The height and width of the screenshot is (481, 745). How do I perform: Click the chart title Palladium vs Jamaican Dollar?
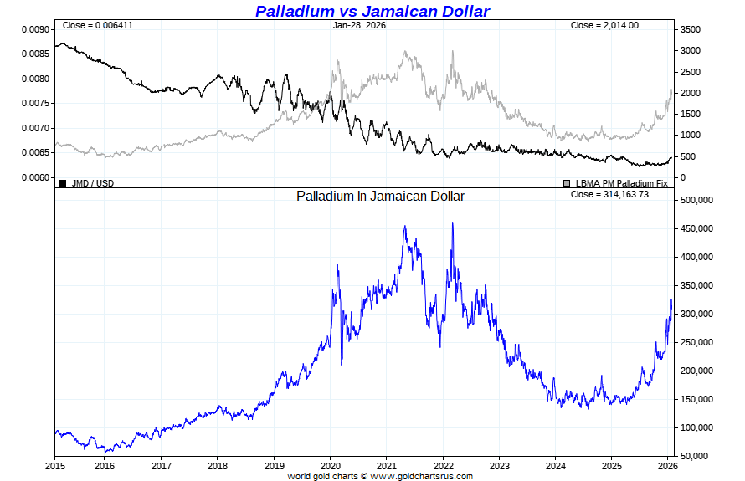372,11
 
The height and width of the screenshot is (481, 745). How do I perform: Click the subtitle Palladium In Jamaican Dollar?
380,196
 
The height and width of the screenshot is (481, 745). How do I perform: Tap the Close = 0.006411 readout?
97,25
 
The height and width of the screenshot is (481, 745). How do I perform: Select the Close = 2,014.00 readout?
604,25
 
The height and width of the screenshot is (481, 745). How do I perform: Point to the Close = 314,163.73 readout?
609,194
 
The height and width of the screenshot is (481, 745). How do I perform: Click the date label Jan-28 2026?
359,25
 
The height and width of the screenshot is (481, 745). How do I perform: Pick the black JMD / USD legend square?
63,182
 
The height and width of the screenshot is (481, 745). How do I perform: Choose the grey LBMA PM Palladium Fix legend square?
567,182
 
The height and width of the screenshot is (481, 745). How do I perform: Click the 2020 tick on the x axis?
330,465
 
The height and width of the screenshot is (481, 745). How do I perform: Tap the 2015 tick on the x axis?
55,465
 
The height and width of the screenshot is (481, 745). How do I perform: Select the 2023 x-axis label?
500,465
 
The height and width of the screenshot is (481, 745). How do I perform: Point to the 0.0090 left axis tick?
34,29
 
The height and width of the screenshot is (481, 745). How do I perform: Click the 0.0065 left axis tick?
34,153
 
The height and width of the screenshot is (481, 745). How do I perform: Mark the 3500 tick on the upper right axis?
691,29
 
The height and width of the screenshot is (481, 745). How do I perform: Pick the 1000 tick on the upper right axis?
691,136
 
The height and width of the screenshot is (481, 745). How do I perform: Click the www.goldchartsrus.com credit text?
421,476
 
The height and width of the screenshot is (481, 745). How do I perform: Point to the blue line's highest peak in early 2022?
453,223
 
